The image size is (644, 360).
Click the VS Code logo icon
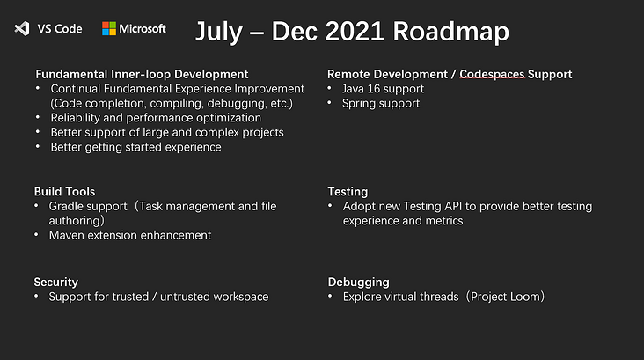22,28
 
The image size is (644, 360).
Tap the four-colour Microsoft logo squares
109,28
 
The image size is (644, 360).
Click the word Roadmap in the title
450,32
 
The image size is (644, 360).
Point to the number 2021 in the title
355,31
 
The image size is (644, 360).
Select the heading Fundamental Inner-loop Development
142,74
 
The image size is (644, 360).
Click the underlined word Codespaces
492,74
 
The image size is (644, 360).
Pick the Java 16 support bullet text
383,89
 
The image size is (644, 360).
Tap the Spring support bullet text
381,104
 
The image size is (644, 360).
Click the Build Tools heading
64,192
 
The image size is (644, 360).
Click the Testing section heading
348,192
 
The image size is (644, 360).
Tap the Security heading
55,283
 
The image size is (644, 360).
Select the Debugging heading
359,283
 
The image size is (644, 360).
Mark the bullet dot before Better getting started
38,146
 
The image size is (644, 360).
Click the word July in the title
218,33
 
